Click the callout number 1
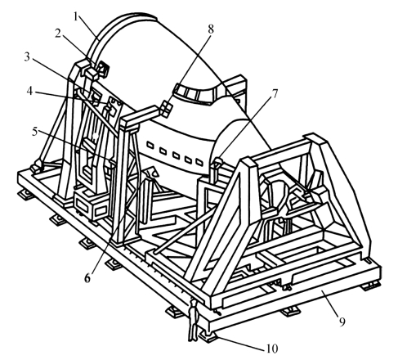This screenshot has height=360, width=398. tap(76, 17)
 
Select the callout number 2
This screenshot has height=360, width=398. tap(57, 34)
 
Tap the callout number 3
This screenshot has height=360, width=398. tap(27, 57)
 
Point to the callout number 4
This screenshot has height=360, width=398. tap(29, 91)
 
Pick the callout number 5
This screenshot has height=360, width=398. tap(35, 132)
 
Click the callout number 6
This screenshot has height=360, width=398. tap(87, 278)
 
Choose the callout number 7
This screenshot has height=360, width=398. tap(275, 93)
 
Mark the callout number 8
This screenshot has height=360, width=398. tap(211, 29)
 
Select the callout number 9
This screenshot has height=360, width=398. tap(342, 322)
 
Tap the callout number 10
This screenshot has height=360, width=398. tap(272, 349)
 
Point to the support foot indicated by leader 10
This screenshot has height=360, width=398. tap(208, 335)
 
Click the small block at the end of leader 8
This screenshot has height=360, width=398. tap(166, 109)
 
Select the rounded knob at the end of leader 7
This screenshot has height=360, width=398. tap(218, 161)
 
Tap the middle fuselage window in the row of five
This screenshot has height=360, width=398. tap(176, 155)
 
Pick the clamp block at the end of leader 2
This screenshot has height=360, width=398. tap(103, 69)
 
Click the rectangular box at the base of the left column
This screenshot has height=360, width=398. tap(92, 205)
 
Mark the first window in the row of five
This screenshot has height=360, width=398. tap(150, 146)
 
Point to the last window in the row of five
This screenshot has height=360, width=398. tap(199, 162)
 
